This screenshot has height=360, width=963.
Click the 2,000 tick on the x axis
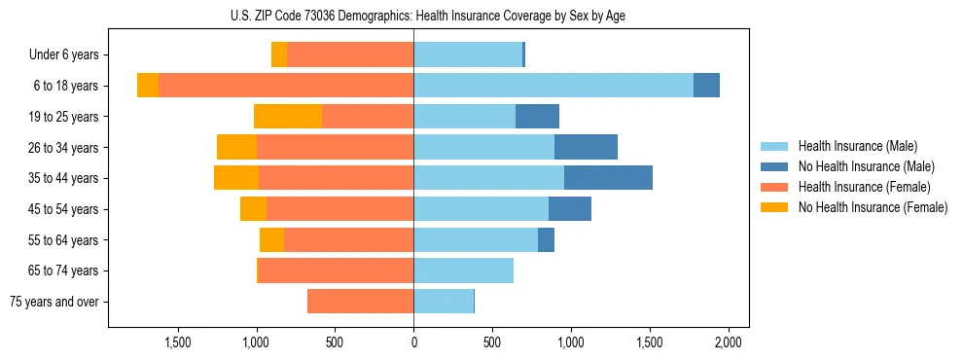(729, 342)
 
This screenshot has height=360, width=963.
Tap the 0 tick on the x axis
(413, 342)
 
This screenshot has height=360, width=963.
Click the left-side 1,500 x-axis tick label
(178, 342)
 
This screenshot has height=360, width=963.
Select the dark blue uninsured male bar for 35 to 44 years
(608, 178)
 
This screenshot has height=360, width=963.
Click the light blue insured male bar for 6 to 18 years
(553, 86)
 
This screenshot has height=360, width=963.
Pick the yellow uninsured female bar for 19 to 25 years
(288, 117)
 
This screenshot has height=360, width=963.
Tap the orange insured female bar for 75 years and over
(360, 302)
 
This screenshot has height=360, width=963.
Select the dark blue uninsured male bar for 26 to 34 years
(586, 147)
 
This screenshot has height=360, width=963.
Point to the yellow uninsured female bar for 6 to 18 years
(148, 86)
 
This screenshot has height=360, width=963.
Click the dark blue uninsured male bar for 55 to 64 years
(546, 239)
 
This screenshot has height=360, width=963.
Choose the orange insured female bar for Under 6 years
(350, 55)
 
